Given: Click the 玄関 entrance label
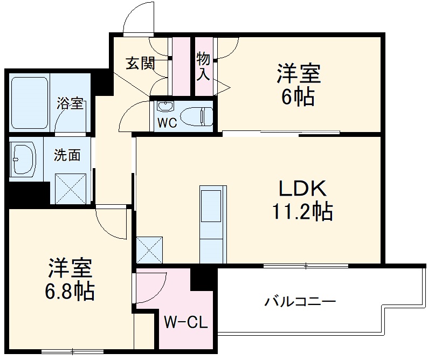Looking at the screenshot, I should (141, 64).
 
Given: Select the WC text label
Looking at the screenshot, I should (167, 123).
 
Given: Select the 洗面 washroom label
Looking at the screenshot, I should (67, 155).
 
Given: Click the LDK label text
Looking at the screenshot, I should (302, 190).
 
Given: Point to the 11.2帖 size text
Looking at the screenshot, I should (302, 212).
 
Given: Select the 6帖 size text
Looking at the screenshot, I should (299, 97).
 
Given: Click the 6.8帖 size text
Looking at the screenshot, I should (70, 292).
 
